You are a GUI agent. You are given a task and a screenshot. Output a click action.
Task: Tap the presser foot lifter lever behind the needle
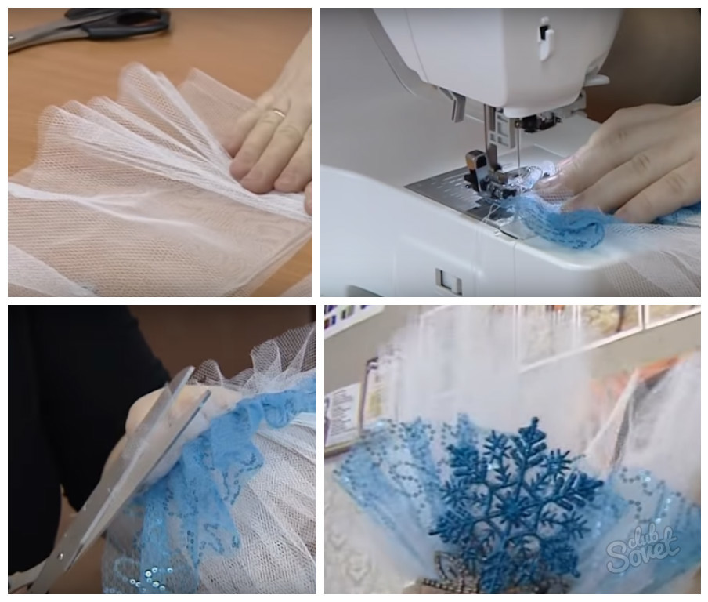tap(457, 107)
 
